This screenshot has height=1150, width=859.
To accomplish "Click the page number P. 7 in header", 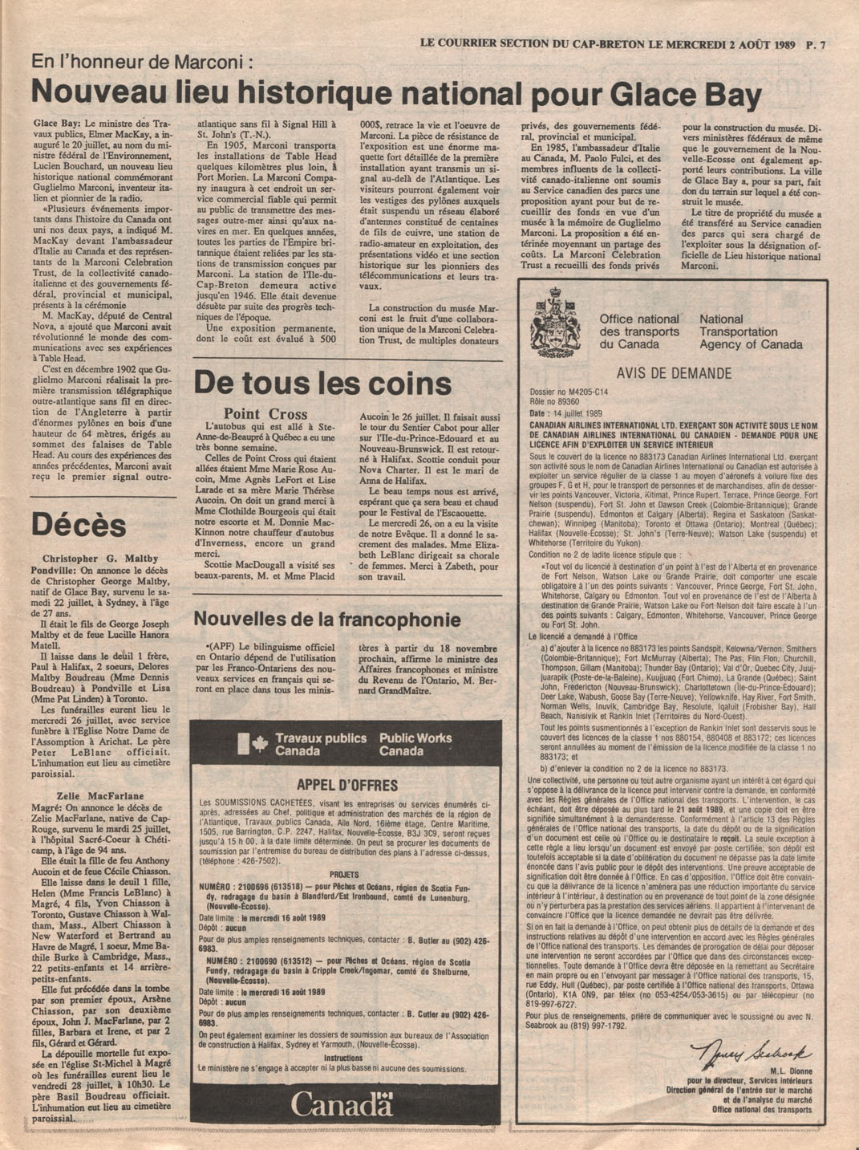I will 816,46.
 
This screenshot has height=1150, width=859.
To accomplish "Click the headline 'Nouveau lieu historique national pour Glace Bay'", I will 396,95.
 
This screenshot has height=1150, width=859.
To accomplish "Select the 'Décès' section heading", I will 79,526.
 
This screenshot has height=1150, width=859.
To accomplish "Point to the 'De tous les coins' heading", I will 322,383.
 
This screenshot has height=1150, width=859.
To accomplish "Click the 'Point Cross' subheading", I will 265,414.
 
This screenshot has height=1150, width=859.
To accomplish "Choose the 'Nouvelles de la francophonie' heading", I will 327,620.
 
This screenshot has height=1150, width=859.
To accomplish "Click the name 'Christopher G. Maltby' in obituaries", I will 100,559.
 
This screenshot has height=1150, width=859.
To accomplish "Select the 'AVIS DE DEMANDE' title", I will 674,373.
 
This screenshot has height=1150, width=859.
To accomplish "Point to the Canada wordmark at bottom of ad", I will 342,1105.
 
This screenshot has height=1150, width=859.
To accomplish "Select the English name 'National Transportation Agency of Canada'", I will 750,331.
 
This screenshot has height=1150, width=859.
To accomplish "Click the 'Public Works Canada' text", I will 415,745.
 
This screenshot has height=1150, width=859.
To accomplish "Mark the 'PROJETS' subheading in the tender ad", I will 345,875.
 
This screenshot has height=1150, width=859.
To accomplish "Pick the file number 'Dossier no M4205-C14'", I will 569,392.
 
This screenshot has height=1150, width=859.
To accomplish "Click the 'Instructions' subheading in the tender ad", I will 343,1058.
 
